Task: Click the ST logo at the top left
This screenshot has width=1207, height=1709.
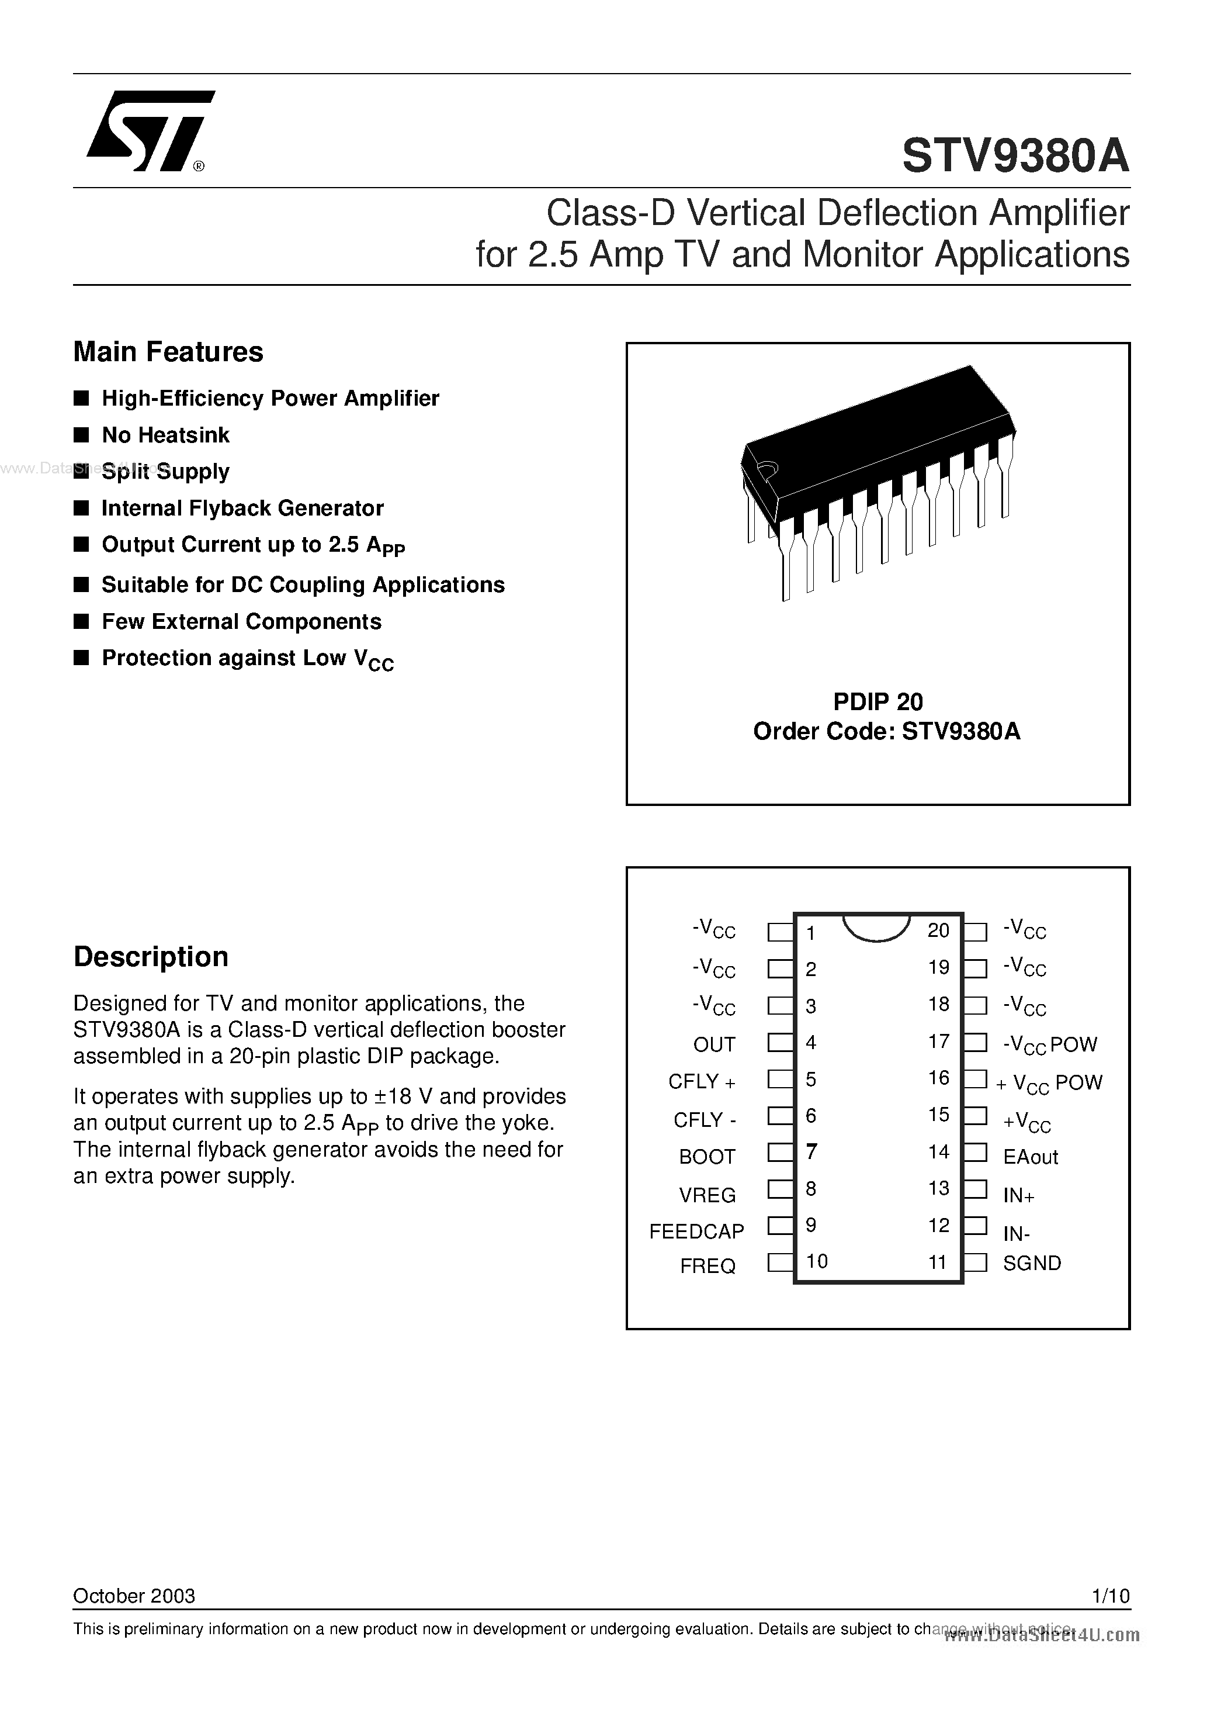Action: pos(149,131)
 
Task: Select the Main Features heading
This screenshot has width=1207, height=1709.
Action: pos(168,352)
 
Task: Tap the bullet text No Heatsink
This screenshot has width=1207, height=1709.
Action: pos(165,435)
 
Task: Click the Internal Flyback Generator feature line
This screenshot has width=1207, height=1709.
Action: pos(242,508)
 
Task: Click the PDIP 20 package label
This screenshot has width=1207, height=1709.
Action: pos(877,701)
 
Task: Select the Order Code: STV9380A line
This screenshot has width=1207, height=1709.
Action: pos(886,732)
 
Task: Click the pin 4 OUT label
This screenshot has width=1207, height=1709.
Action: pos(714,1044)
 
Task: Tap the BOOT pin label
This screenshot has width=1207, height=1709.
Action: pos(706,1156)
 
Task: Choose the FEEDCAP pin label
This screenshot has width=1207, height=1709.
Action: pos(696,1231)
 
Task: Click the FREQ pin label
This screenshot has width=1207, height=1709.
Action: pos(707,1266)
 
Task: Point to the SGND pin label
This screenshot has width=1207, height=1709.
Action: pos(1031,1263)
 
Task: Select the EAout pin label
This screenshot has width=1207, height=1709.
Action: pos(1030,1157)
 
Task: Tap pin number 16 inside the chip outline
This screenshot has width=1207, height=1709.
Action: pos(938,1078)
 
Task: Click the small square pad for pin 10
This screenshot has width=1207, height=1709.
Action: pos(779,1262)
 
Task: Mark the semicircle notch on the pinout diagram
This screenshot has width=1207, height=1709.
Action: pos(876,928)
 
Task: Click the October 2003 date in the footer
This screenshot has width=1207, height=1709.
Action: pos(134,1595)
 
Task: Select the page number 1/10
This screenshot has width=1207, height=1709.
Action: pos(1110,1595)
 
